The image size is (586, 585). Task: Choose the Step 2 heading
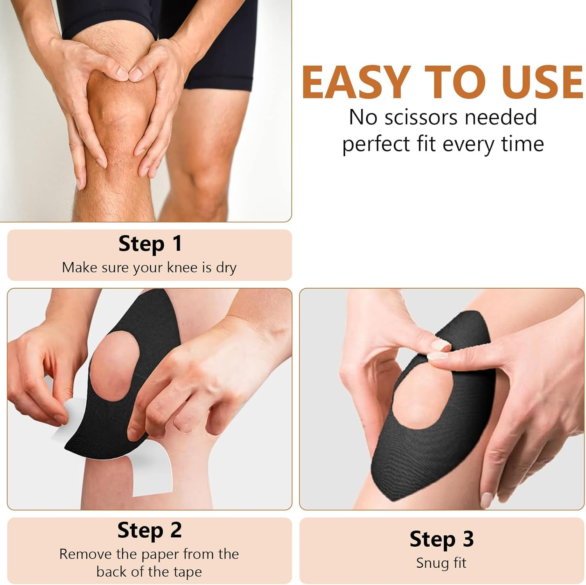[x=150, y=530]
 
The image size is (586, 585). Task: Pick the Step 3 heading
[x=441, y=539]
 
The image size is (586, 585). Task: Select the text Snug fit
[x=441, y=563]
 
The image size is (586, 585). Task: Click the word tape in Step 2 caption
[x=188, y=572]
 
